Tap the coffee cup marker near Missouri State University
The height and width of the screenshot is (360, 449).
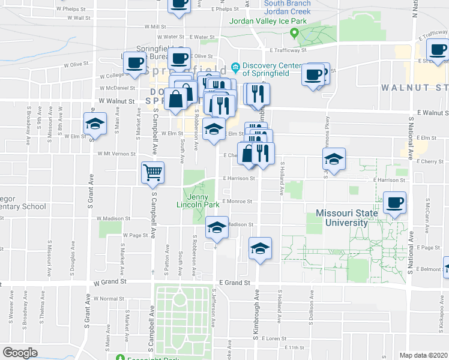tap(394, 203)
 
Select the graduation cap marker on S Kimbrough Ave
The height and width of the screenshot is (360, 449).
tap(260, 248)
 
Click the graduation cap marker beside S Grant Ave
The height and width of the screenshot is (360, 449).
tap(95, 124)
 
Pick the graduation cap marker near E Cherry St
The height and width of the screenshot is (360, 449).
tap(334, 159)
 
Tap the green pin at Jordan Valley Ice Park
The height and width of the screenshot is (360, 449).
tap(294, 32)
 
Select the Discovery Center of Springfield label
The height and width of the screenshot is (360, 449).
tap(261, 70)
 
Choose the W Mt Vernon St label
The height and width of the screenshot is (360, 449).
tap(116, 154)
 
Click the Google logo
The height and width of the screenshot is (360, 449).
tap(20, 353)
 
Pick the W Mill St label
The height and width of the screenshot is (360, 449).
tap(154, 27)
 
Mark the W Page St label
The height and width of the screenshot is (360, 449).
tap(136, 235)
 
